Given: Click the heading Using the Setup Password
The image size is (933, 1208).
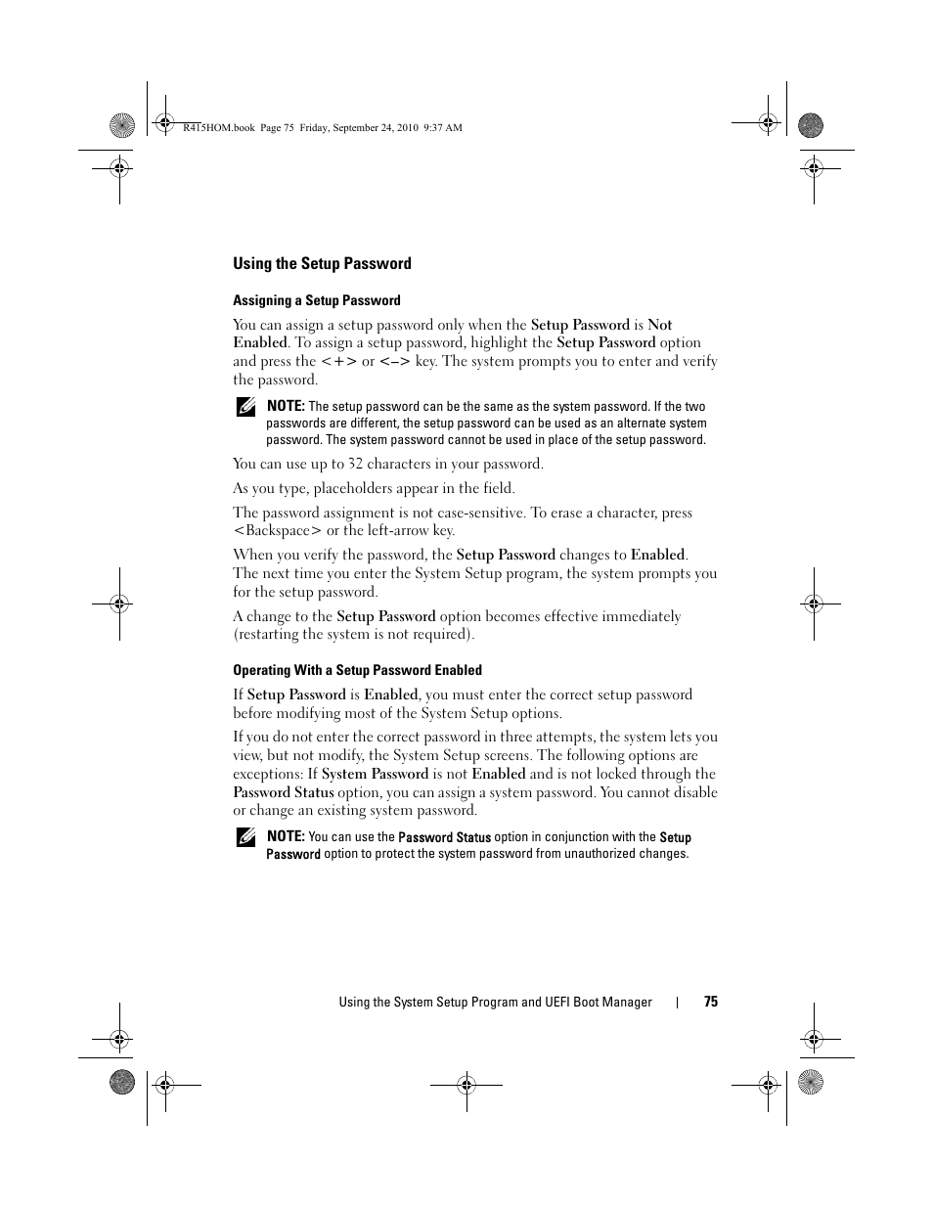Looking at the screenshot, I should click(x=322, y=263).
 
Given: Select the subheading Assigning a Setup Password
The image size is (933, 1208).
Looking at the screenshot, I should click(x=316, y=300).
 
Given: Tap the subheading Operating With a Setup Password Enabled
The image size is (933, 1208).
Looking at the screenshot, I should click(x=357, y=670).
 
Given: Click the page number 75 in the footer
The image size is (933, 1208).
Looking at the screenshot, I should click(x=711, y=1002).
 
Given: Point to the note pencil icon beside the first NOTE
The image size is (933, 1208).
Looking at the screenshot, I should click(x=244, y=407).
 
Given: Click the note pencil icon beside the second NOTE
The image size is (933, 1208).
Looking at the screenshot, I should click(x=244, y=837).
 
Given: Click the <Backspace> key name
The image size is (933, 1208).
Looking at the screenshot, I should click(x=277, y=531).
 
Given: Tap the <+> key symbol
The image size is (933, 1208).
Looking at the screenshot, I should click(x=338, y=361).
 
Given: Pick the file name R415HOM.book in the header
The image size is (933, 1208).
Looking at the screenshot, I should click(x=219, y=128).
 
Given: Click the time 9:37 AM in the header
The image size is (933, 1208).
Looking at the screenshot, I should click(x=443, y=128).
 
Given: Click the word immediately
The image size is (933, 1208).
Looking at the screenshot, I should click(x=642, y=616).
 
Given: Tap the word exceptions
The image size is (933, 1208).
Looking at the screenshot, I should click(x=268, y=774).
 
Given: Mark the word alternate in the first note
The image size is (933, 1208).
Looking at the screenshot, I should click(x=642, y=424).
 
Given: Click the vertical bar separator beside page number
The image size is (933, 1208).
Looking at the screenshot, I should click(x=678, y=1002).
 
